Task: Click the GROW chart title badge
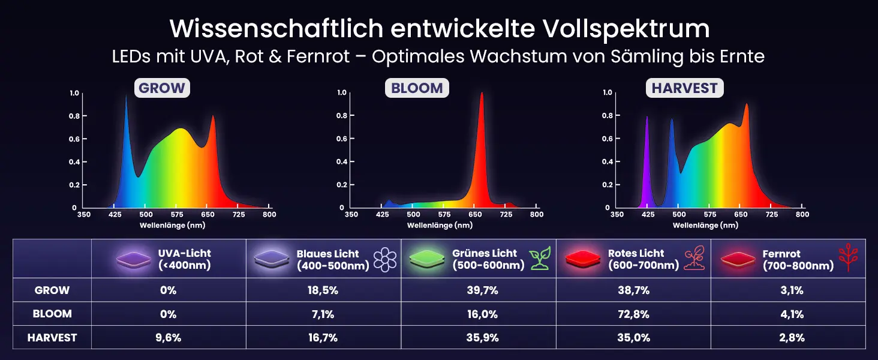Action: coord(162,88)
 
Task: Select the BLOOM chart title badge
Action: coord(417,88)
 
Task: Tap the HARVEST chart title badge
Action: coord(684,88)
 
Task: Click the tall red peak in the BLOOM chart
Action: coord(481,120)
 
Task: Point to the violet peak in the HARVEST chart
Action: coord(647,150)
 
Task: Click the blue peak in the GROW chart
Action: coord(126,120)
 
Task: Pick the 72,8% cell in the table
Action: coord(633,314)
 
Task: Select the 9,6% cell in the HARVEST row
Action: coord(169,337)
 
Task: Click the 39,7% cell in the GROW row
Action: coord(479,290)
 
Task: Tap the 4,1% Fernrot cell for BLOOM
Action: coord(788,314)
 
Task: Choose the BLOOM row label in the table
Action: coord(52,314)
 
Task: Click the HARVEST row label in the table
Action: coord(52,337)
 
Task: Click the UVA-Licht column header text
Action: coord(184,259)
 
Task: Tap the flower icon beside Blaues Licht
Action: coord(385,259)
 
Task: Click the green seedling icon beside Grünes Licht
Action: coord(540,259)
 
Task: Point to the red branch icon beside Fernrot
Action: coord(847,259)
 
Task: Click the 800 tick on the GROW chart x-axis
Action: coord(269,214)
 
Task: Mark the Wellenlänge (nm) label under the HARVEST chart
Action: coord(705,226)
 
